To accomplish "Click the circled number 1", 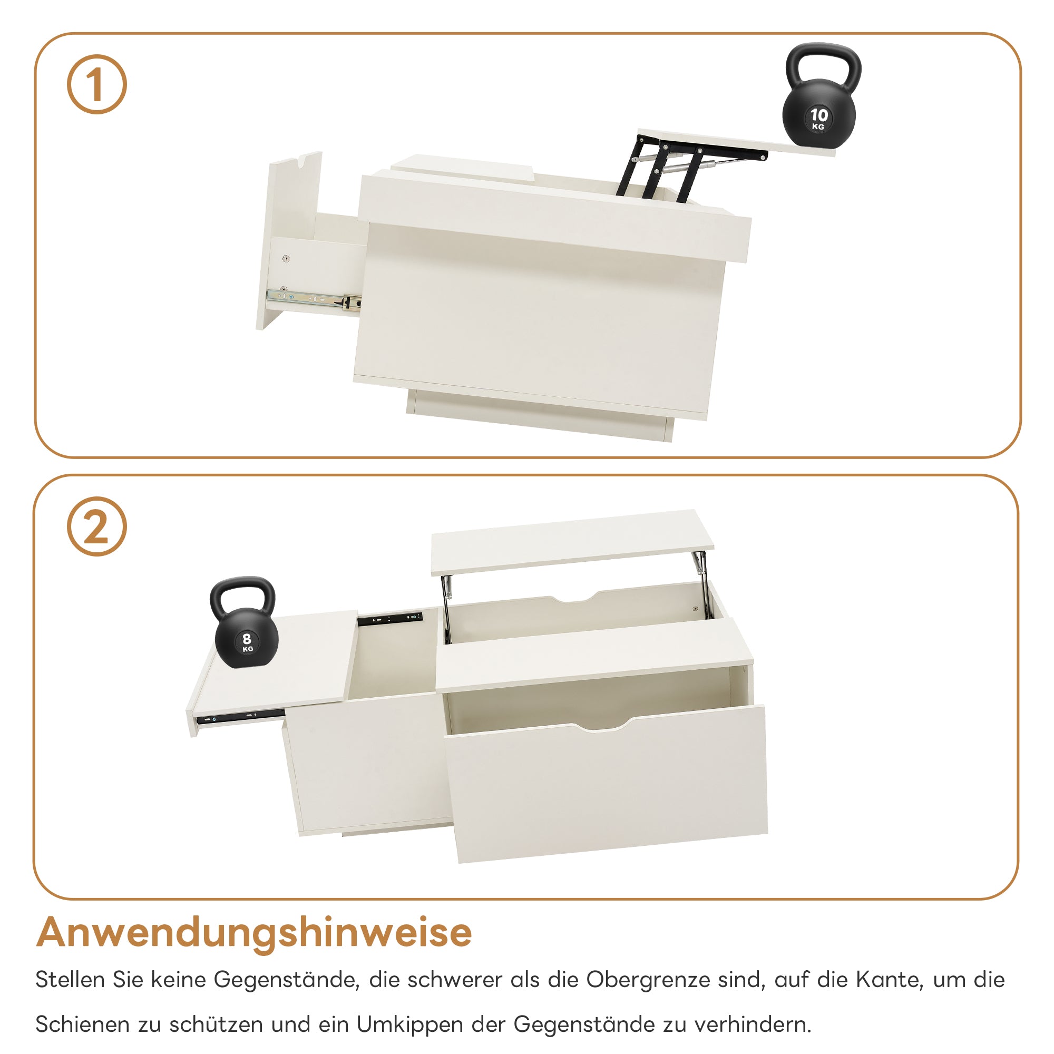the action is point(97,84).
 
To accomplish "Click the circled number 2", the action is point(97,526).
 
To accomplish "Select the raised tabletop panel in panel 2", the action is point(572,542).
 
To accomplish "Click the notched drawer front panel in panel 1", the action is point(289,240).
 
